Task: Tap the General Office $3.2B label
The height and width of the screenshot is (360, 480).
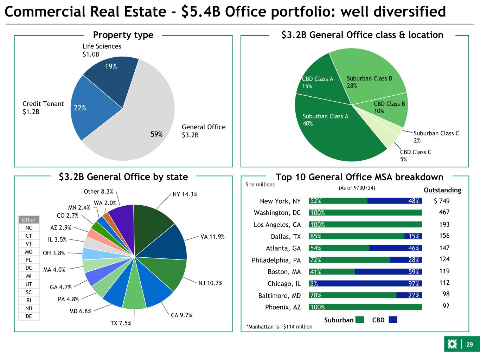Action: coord(203,131)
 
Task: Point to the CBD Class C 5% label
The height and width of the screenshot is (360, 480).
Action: coord(415,155)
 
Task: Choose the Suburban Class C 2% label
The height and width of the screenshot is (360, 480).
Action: coord(436,137)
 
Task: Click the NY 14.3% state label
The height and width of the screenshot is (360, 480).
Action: coord(185,194)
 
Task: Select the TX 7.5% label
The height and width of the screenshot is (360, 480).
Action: coord(121,323)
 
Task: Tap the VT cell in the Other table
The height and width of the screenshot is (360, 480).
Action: coord(29,244)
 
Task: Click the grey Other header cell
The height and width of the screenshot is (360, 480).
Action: coord(29,220)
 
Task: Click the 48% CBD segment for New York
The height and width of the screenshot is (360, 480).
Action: coord(395,201)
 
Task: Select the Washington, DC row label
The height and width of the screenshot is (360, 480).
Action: coord(277,213)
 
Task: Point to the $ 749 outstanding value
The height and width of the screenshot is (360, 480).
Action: coord(442,201)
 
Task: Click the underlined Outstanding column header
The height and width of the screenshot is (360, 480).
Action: coord(442,190)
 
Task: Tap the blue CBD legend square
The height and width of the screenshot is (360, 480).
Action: coord(393,320)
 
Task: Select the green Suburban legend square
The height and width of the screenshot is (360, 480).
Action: coord(359,320)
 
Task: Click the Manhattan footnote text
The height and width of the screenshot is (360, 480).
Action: coord(279,327)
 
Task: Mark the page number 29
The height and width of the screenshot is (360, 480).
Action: coord(469,345)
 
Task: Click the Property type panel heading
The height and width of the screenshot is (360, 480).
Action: coord(123,35)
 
